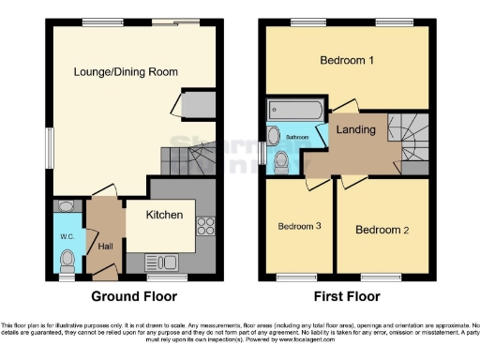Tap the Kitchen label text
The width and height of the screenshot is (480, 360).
(164, 215)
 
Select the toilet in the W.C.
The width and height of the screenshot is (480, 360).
(64, 206)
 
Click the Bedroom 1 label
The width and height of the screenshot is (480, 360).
(347, 61)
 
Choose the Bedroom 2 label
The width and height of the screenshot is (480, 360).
(385, 229)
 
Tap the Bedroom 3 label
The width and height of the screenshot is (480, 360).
(300, 226)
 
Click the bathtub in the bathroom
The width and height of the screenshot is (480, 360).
(291, 109)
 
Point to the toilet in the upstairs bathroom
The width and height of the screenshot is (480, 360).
(281, 160)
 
